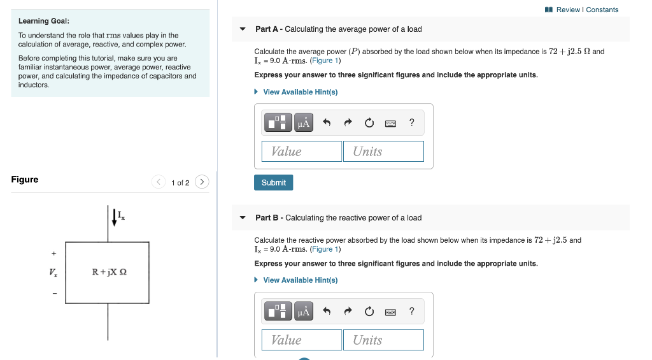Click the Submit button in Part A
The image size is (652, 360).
pos(274,182)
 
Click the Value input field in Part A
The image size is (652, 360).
pos(302,151)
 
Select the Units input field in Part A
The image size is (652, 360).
pos(383,151)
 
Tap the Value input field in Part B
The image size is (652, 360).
pos(302,340)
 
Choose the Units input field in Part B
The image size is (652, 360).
pos(383,340)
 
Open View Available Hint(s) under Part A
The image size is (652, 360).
pos(300,92)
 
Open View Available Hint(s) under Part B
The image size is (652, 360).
pos(300,280)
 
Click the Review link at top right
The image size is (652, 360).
pos(569,10)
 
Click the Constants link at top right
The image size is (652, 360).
pos(602,10)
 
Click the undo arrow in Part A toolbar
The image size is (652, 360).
pos(327,123)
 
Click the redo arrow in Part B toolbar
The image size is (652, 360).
pos(348,312)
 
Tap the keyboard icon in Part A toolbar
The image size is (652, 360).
pos(391,123)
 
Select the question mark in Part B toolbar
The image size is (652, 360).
pos(412,311)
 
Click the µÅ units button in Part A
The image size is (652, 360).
pos(304,123)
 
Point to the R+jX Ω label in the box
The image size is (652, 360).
pos(109,272)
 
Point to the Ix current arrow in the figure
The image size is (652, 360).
pos(115,217)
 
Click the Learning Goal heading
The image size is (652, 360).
pos(44,21)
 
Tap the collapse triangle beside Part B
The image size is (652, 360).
pos(243,218)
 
